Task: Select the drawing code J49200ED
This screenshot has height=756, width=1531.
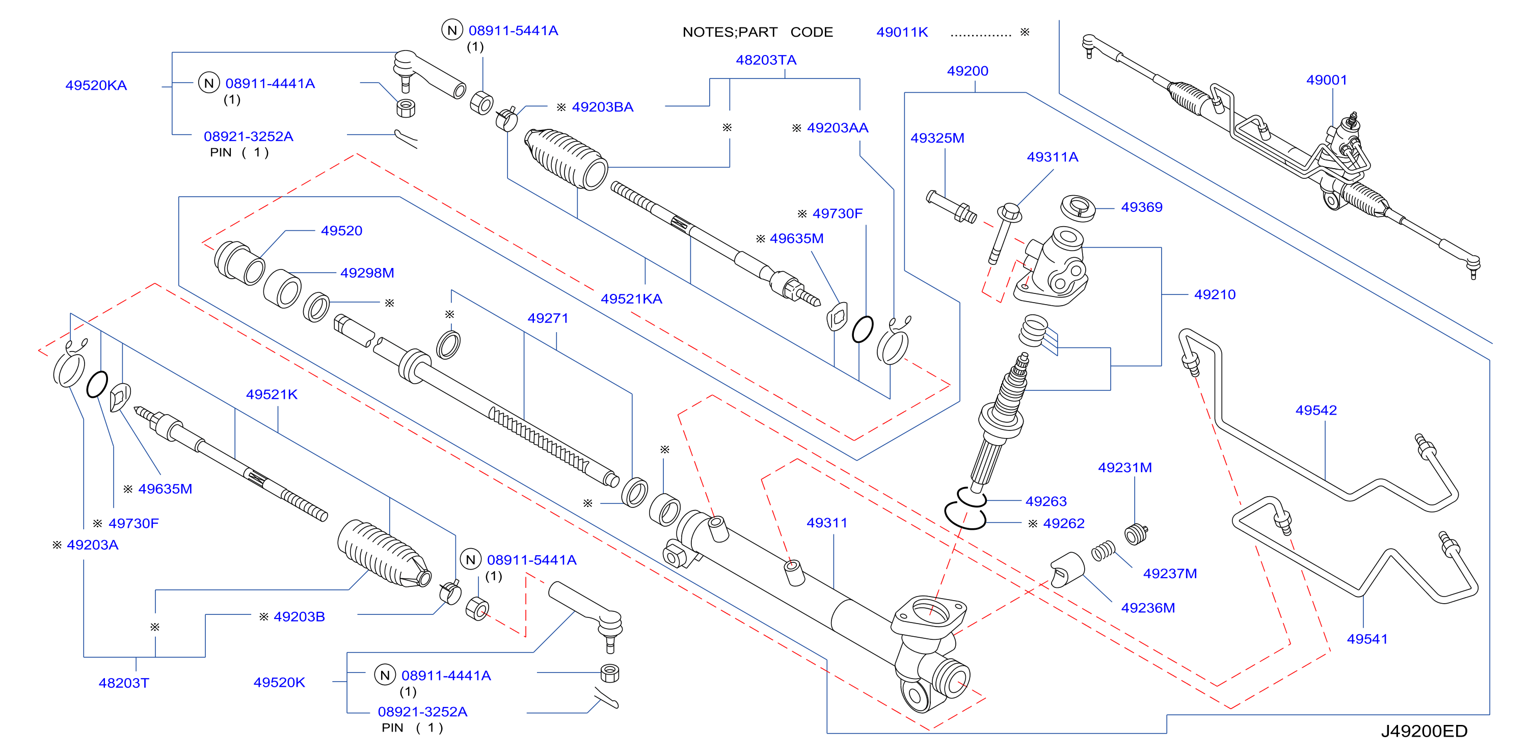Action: pos(1423,731)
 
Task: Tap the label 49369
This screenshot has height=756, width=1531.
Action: pos(1141,207)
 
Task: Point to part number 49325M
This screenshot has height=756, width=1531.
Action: pos(937,138)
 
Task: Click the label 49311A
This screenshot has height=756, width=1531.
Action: pos(1052,157)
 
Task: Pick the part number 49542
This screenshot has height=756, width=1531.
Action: pos(1316,410)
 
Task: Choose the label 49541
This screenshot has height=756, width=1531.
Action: pos(1367,639)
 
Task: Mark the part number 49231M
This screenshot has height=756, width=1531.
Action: pos(1124,468)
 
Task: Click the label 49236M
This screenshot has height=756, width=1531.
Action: pos(1148,608)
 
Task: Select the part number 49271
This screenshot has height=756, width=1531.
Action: pos(547,318)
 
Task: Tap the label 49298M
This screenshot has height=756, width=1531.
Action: pos(367,273)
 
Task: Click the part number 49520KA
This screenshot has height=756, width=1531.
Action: pos(96,86)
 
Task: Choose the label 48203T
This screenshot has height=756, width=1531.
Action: pos(124,683)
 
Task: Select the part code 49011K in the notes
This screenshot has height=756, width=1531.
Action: pos(902,32)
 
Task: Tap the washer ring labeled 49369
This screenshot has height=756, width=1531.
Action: pos(1078,208)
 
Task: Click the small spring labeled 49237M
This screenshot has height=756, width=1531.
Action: pos(1104,551)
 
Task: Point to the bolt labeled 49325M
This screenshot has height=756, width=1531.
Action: pos(951,207)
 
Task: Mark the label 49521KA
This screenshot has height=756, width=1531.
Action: pos(631,299)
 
